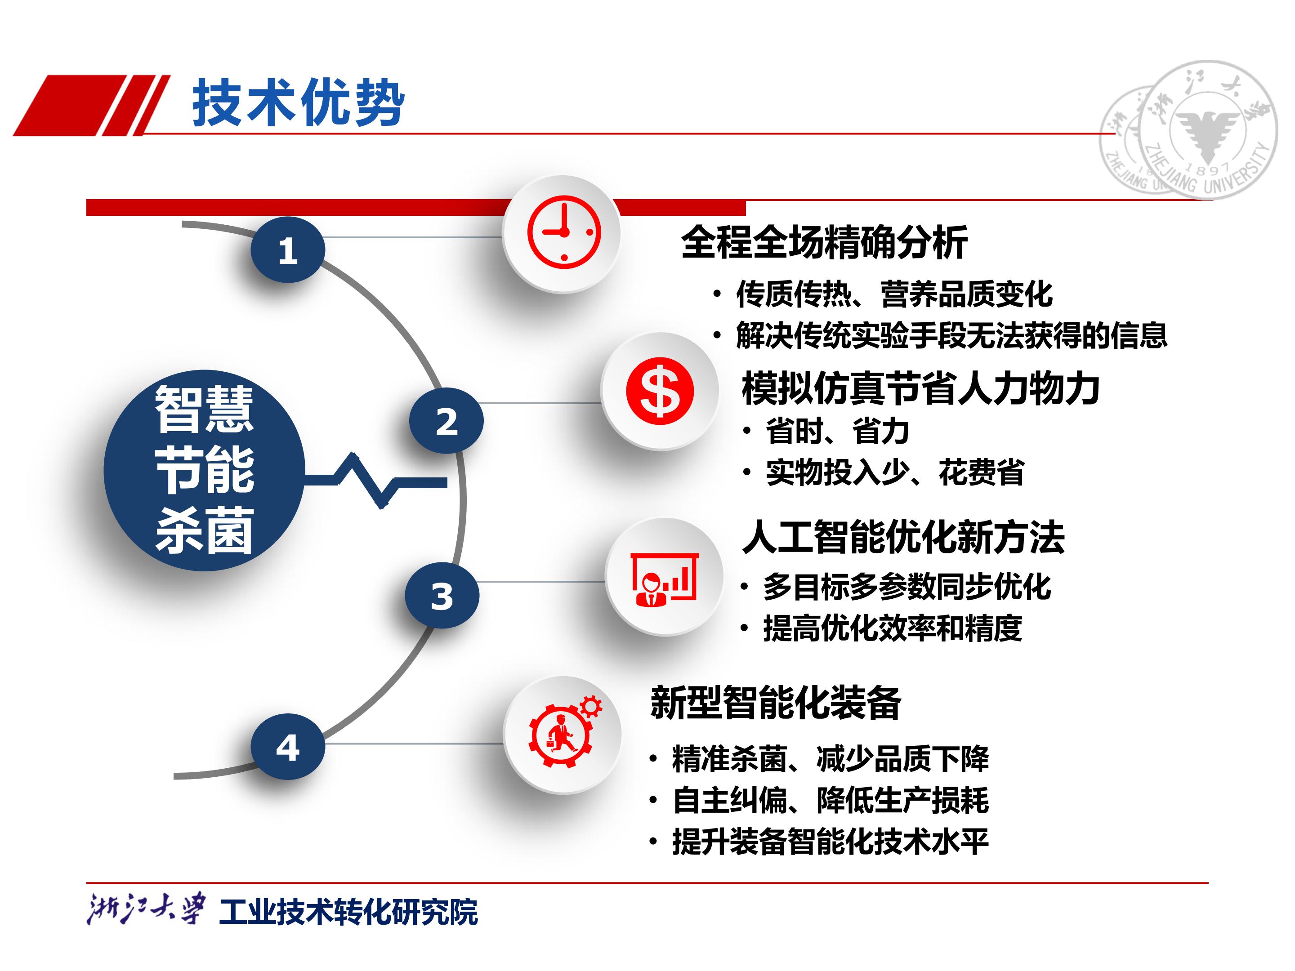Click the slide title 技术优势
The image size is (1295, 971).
pyautogui.click(x=299, y=103)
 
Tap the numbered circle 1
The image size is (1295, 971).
pyautogui.click(x=287, y=250)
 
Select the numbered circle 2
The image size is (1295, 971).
pyautogui.click(x=446, y=421)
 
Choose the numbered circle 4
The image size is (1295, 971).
pyautogui.click(x=287, y=747)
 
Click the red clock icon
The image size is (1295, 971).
pyautogui.click(x=564, y=232)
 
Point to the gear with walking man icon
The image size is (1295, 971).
pyautogui.click(x=563, y=734)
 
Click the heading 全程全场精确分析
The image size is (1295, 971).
pyautogui.click(x=824, y=242)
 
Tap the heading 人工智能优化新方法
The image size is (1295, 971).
pyautogui.click(x=903, y=537)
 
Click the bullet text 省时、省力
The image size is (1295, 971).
pyautogui.click(x=837, y=432)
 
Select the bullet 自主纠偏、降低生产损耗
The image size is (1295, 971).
pyautogui.click(x=830, y=800)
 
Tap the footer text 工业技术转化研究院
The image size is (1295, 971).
pyautogui.click(x=348, y=912)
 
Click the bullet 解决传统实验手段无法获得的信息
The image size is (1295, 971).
pyautogui.click(x=951, y=335)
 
